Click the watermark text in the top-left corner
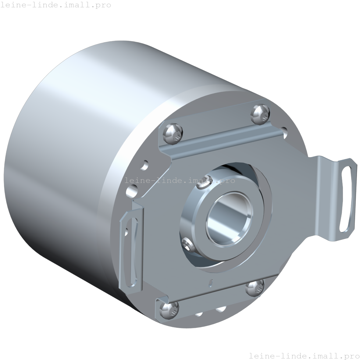coord(55,5)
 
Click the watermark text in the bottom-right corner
coord(304,355)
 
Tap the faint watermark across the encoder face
coord(180,180)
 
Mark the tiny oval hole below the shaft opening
coord(210,283)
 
